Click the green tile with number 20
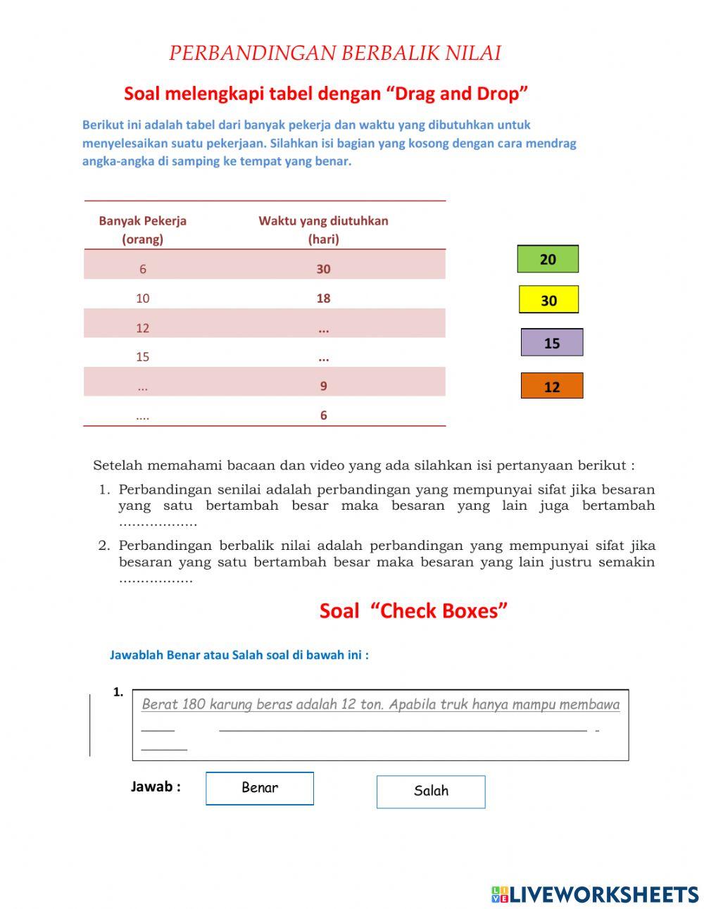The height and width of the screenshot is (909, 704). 548,259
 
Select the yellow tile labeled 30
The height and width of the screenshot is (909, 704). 548,300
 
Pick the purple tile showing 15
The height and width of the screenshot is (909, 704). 552,343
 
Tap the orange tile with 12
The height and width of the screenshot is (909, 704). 552,386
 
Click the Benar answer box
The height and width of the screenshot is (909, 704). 260,788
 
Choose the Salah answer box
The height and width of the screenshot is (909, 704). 431,791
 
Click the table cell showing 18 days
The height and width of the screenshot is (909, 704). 323,298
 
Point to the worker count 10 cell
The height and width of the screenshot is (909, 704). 143,298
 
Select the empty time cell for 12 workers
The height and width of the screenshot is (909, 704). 323,328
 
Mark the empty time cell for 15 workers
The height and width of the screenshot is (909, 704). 323,357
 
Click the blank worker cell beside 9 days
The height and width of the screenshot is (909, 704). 143,387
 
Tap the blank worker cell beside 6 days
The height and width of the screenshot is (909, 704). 143,415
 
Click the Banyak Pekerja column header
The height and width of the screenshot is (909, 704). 143,230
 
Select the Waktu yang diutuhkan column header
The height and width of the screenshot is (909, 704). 323,230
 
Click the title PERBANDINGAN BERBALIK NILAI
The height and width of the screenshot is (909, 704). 334,54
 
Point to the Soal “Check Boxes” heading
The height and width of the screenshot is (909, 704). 413,610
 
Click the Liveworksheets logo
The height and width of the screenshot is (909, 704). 595,894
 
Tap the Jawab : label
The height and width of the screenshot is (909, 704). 156,786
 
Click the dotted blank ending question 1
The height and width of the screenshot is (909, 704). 158,523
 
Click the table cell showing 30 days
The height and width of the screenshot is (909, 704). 323,268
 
